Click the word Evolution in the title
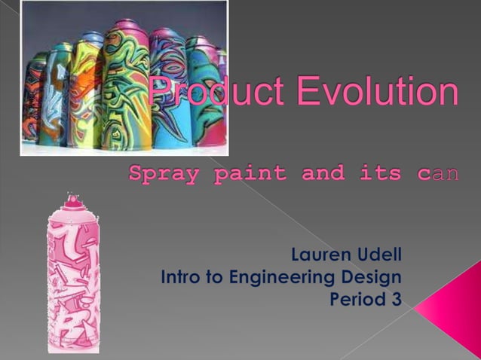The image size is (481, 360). (377, 93)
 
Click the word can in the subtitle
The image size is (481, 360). (437, 173)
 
